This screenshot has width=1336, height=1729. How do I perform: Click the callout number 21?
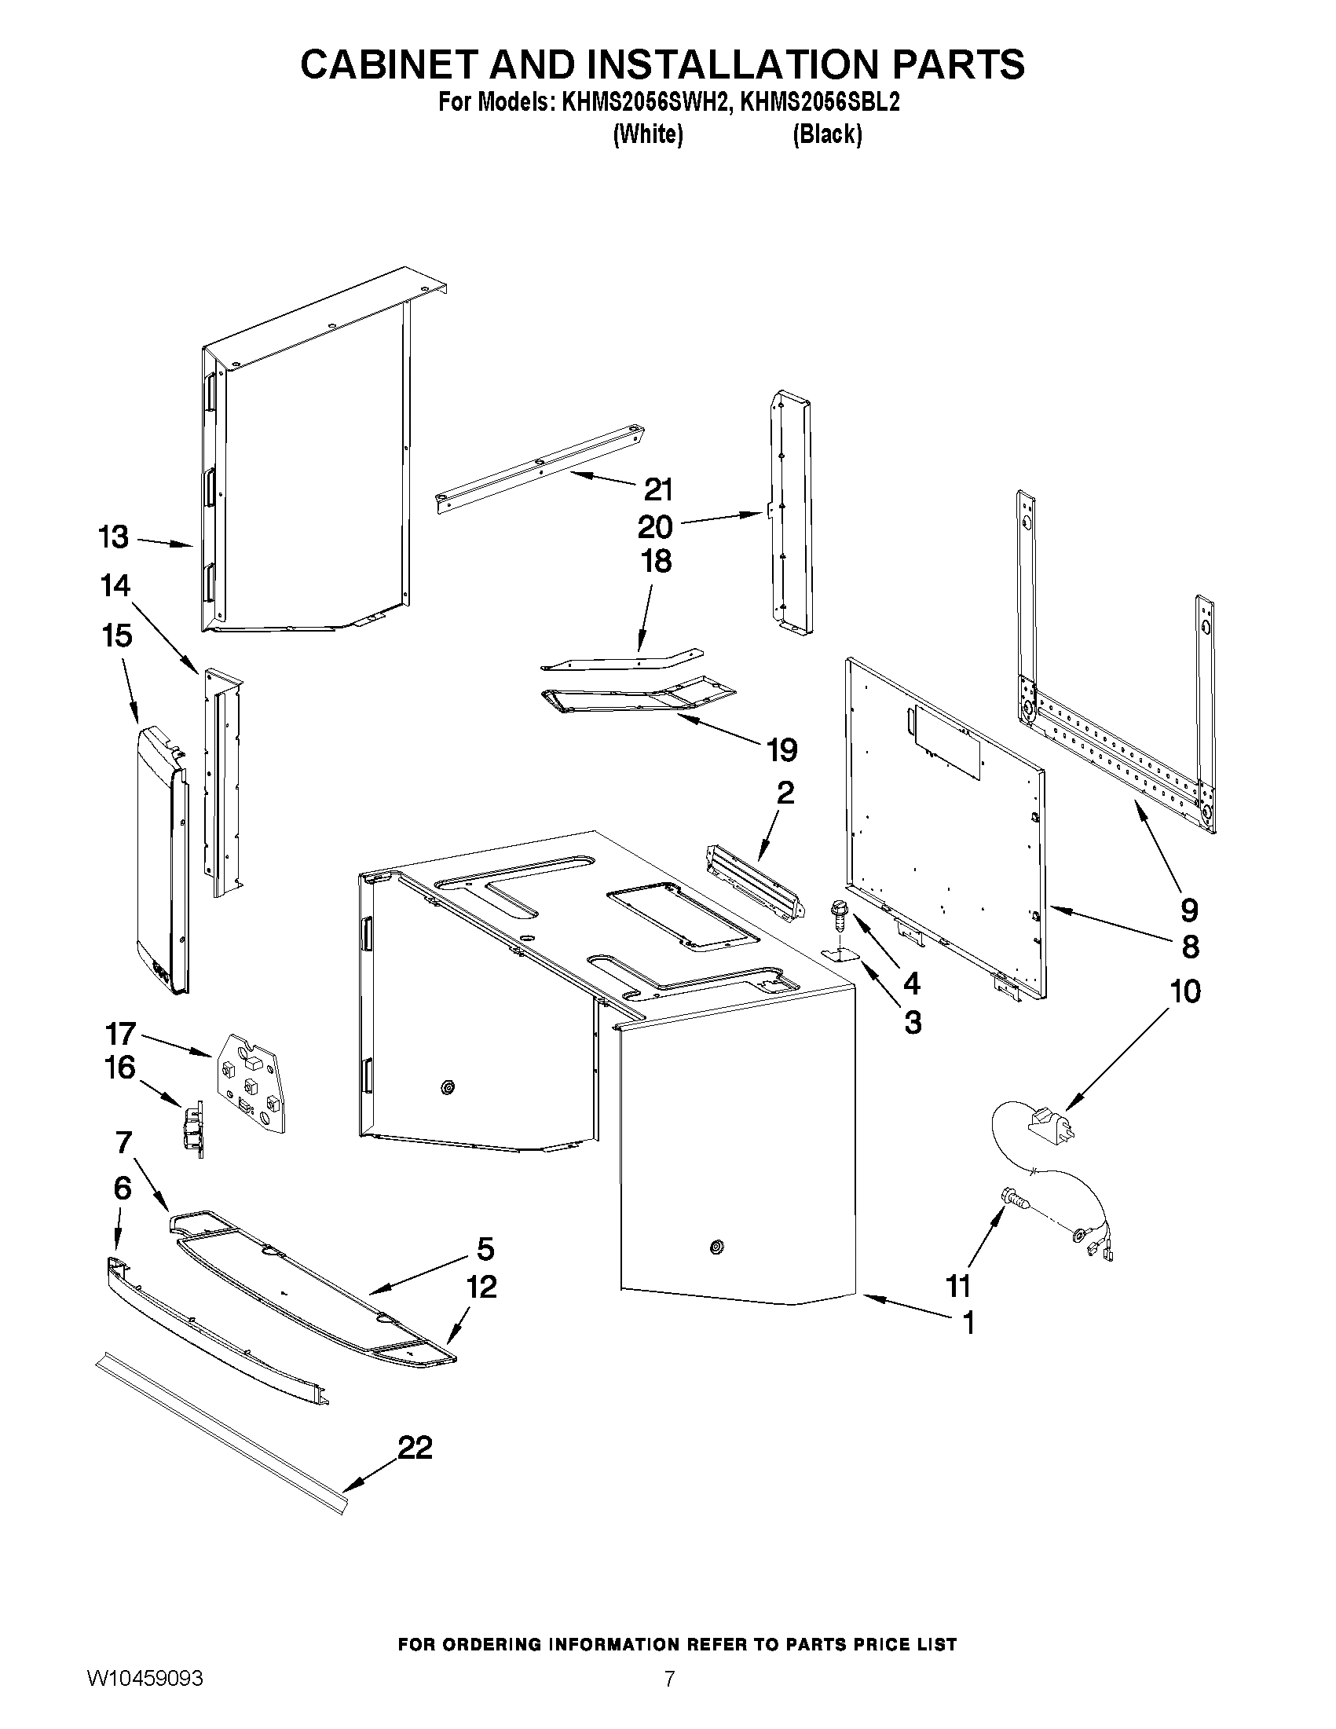657,490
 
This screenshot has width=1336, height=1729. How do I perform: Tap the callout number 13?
113,537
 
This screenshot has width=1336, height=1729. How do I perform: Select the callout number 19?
782,749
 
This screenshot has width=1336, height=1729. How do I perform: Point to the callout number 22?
415,1448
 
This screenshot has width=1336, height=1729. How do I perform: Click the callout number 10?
1185,991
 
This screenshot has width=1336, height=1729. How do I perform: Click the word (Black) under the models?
827,134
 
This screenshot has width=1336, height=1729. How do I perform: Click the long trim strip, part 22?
221,1431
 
